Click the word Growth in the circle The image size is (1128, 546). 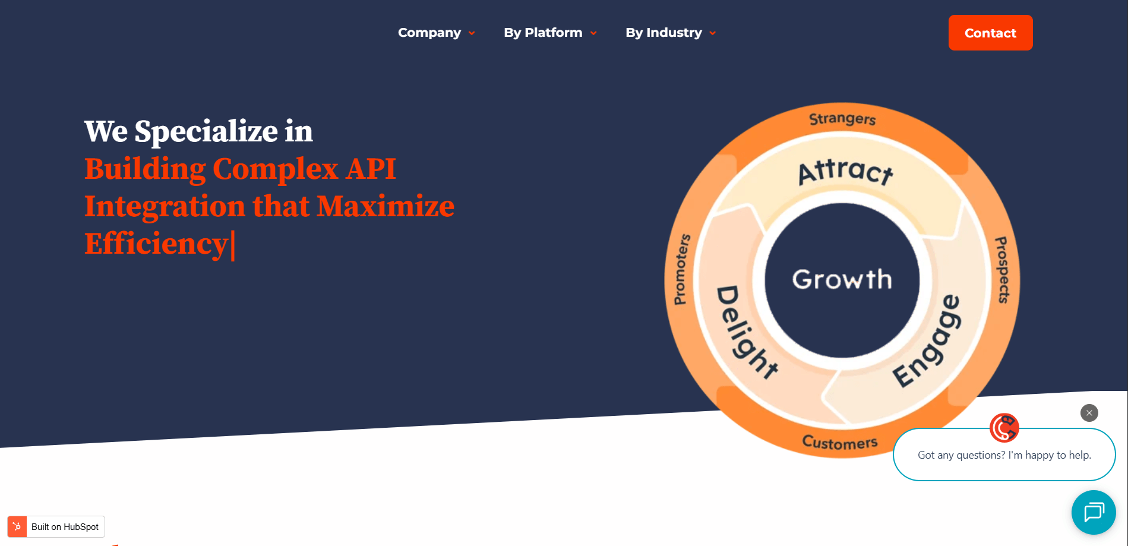pos(842,279)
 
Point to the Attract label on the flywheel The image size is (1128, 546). pos(846,172)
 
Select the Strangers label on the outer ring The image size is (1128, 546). pos(842,119)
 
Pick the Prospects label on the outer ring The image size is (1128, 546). pos(1002,270)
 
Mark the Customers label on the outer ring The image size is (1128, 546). pos(840,443)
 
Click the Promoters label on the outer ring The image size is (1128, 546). pos(682,269)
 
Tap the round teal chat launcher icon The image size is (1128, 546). pos(1094,512)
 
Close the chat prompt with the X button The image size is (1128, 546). pos(1089,413)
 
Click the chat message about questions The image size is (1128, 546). pos(1004,455)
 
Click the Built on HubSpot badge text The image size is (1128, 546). pos(65,527)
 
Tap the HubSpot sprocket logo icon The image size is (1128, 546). pos(17,526)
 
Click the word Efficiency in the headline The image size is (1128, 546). pos(156,244)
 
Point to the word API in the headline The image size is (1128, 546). pos(371,169)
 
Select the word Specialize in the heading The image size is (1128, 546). pos(206,132)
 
